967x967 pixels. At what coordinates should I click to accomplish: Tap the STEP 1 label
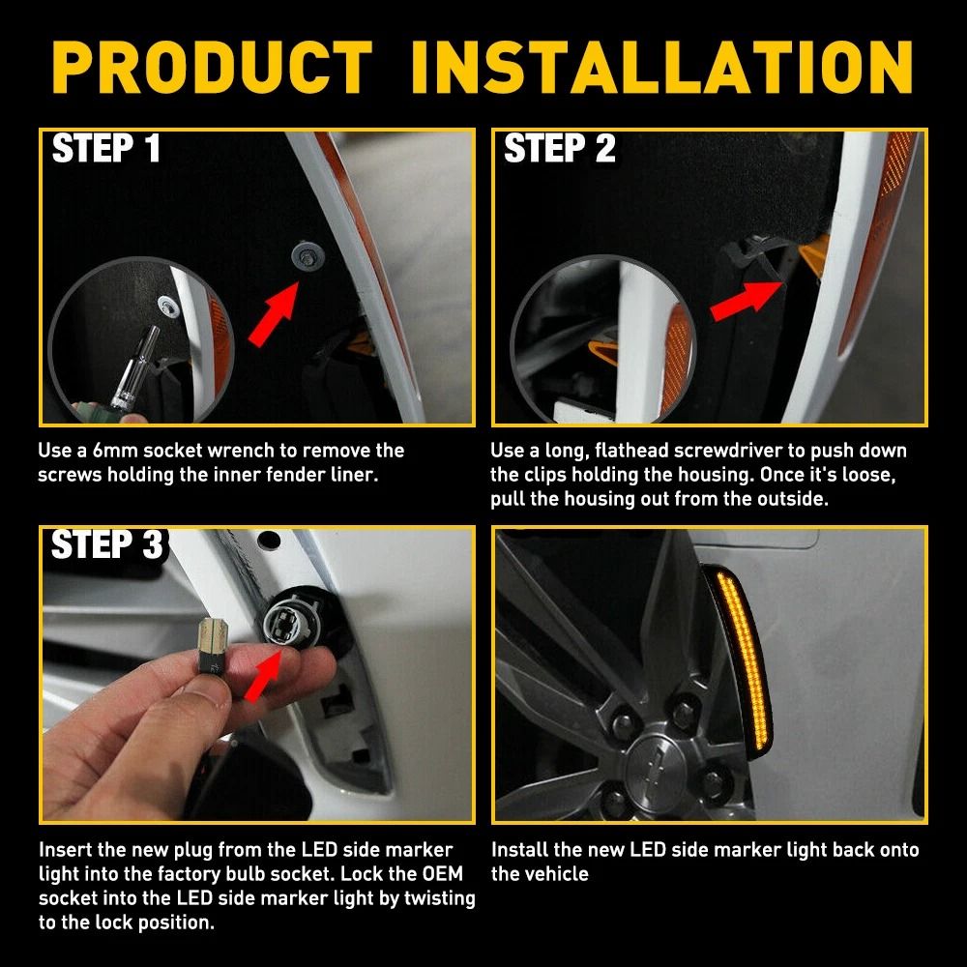click(x=106, y=150)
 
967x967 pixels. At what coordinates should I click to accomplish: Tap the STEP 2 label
click(x=559, y=150)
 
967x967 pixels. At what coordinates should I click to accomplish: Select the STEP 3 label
click(x=106, y=545)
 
